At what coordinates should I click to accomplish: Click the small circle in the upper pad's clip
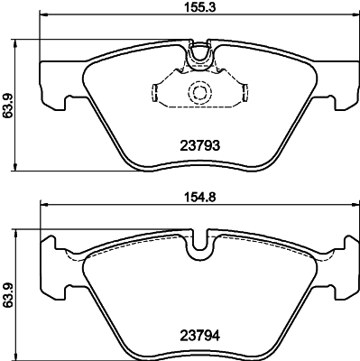click(198, 91)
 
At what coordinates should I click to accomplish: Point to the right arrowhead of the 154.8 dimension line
click(352, 208)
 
